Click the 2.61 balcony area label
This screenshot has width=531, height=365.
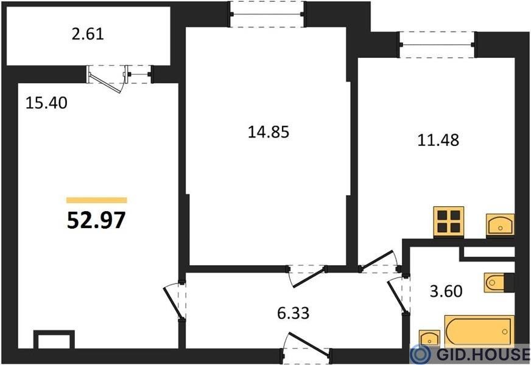click(x=87, y=34)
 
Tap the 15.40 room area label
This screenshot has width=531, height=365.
click(x=46, y=103)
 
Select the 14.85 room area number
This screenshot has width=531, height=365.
click(x=269, y=131)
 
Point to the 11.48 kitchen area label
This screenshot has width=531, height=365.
click(x=438, y=140)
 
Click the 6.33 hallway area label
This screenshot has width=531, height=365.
click(x=294, y=313)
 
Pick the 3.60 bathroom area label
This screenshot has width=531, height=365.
click(x=446, y=291)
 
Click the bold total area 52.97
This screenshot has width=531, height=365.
click(x=96, y=220)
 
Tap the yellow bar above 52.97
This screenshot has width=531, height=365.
click(x=96, y=200)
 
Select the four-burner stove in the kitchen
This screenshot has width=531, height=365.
click(x=449, y=221)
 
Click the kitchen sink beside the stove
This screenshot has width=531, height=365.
click(x=500, y=224)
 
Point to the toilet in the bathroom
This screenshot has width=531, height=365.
click(x=499, y=282)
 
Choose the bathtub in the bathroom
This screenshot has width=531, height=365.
click(x=479, y=331)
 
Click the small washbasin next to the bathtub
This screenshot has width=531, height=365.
click(x=429, y=338)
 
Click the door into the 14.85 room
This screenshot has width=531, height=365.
click(x=307, y=276)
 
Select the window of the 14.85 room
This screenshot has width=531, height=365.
click(x=267, y=15)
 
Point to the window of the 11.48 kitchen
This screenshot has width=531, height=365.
click(x=438, y=44)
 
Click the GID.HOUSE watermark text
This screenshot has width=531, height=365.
click(x=483, y=354)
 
